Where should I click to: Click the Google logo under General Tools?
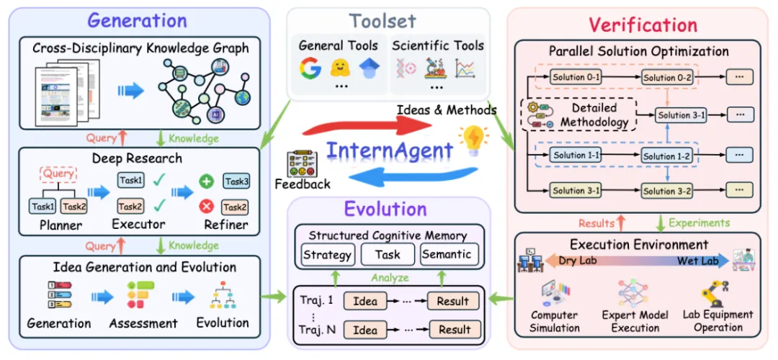[x=310, y=69]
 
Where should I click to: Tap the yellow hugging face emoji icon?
[x=339, y=69]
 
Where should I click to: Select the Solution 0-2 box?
[x=669, y=77]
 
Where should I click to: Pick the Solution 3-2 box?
[x=669, y=191]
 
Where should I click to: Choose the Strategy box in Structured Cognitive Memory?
[x=327, y=254]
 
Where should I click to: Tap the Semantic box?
[x=447, y=254]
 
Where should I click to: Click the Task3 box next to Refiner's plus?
[x=236, y=181]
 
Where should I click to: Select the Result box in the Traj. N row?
[x=454, y=330]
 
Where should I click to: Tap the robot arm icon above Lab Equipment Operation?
[x=717, y=292]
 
